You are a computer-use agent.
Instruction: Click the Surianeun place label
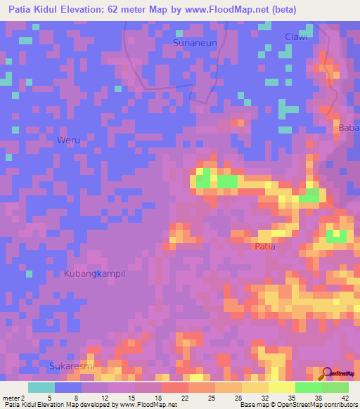click(194, 43)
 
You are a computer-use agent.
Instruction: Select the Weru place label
click(68, 141)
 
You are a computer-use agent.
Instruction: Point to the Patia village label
click(264, 247)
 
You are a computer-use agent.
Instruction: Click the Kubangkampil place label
click(94, 273)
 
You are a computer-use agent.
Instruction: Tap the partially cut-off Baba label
click(349, 128)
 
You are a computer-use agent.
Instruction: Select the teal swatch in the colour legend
click(41, 387)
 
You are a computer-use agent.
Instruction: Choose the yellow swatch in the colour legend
click(282, 387)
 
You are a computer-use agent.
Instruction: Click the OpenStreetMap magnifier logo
click(328, 373)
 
